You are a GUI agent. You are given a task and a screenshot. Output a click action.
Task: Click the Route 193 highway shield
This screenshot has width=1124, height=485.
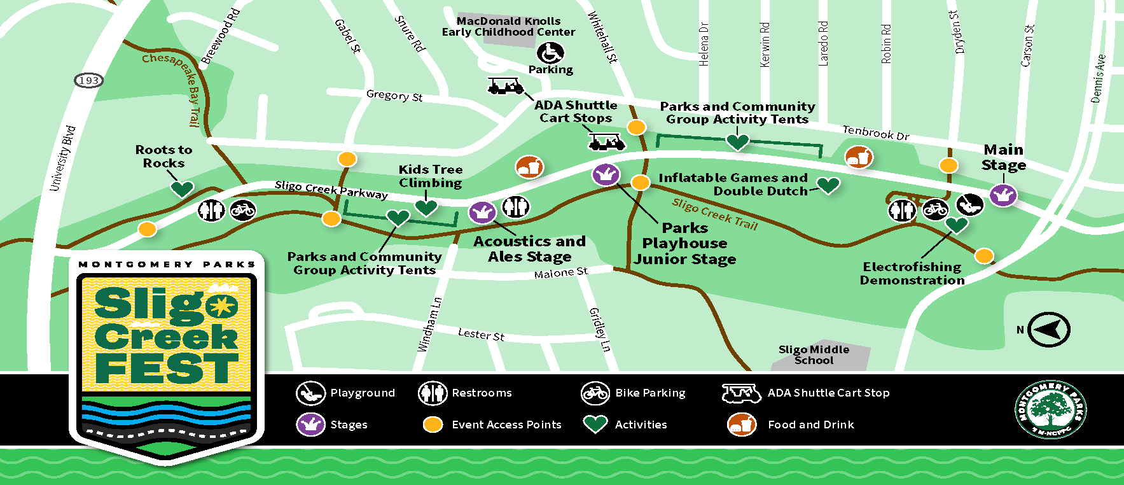click(88, 80)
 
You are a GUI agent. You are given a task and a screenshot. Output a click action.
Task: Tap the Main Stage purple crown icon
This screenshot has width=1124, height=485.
click(1003, 194)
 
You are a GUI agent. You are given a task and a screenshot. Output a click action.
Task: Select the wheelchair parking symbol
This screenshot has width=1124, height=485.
click(550, 53)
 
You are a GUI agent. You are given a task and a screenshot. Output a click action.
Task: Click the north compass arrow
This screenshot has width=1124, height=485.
click(1049, 330)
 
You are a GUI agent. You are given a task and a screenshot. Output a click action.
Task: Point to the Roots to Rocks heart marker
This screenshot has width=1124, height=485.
click(182, 188)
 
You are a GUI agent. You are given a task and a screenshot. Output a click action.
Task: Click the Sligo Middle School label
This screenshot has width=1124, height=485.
click(814, 355)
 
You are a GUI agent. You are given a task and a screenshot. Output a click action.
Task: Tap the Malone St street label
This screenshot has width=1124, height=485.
click(560, 273)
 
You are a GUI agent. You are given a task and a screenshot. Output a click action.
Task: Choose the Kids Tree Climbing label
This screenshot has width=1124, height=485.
click(430, 176)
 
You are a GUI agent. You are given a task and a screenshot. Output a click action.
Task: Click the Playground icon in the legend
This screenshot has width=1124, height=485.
click(310, 393)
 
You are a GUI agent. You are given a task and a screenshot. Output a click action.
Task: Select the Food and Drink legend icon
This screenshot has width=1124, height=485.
click(741, 425)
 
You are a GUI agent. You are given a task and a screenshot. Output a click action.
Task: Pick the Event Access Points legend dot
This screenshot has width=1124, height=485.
click(433, 425)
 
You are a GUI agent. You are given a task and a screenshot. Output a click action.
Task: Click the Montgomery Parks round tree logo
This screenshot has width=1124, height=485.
click(1050, 409)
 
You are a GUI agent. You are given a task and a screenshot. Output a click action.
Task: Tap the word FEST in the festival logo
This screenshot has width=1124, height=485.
click(167, 369)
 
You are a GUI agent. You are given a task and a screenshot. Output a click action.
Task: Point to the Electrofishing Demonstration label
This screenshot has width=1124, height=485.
click(912, 274)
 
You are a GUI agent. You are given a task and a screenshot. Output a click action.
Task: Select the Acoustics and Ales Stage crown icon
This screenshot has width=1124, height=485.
click(482, 211)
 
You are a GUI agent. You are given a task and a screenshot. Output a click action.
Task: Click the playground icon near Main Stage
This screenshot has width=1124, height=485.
click(969, 204)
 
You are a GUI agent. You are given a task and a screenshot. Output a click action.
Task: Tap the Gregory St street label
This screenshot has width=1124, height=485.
click(394, 95)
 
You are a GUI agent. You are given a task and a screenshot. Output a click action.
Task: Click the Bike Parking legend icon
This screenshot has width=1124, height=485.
click(595, 393)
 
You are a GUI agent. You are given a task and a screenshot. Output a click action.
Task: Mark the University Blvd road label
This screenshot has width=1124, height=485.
click(62, 158)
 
